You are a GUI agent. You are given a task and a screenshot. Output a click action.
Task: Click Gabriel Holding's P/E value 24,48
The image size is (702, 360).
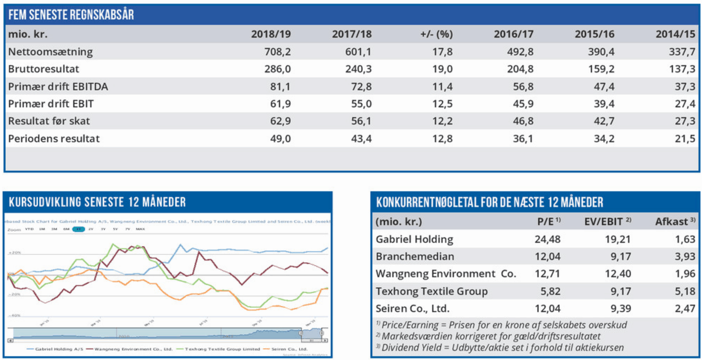click(x=552, y=239)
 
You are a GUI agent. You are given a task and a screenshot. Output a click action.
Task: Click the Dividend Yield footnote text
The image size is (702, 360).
click(x=503, y=347)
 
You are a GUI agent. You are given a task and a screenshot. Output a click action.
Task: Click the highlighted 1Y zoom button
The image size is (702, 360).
click(x=78, y=229)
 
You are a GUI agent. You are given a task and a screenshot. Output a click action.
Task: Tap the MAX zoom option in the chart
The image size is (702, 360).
click(x=140, y=229)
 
